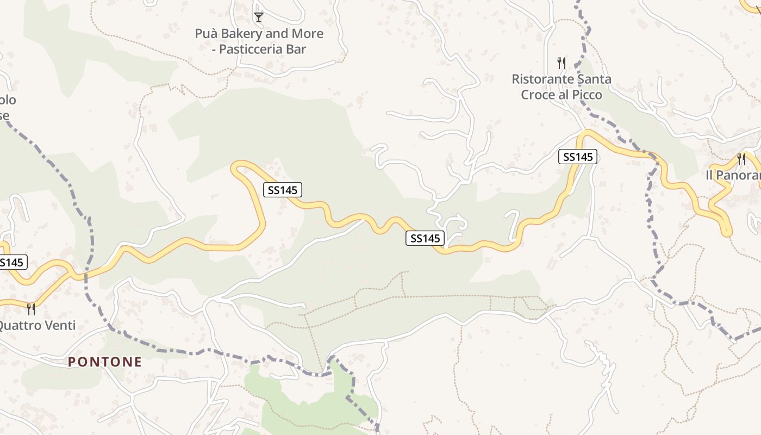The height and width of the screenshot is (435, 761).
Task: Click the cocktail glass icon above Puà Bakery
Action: coord(259,17)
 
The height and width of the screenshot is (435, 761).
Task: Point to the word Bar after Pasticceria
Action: coord(296,49)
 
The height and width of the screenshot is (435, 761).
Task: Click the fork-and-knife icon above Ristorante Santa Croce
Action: coord(562,63)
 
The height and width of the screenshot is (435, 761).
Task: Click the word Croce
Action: coord(537,95)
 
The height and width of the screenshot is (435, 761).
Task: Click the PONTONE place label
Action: coord(105,362)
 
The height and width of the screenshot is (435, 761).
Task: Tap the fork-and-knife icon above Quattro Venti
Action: coord(31,309)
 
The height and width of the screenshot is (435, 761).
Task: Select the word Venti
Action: coord(59,326)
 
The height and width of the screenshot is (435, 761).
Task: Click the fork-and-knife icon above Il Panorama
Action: coord(741,159)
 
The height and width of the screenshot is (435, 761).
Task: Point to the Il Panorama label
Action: coord(733,175)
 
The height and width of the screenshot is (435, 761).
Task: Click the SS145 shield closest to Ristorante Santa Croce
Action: coord(578,157)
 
